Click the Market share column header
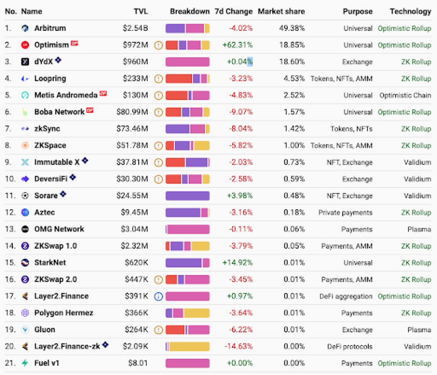point(281,11)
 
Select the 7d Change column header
point(233,11)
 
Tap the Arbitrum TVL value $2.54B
point(135,28)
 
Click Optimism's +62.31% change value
point(237,45)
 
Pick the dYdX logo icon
point(25,62)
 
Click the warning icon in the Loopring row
point(159,79)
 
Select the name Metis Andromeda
point(66,95)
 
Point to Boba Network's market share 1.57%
point(294,112)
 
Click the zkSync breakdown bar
point(188,129)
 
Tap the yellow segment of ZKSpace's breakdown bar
point(202,146)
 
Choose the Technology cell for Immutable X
point(418,162)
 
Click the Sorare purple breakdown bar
point(188,196)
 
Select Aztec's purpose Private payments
point(346,212)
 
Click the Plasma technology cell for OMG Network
point(419,229)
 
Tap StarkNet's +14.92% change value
point(237,263)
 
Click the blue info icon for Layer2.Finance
point(159,296)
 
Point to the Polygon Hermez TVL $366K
point(137,313)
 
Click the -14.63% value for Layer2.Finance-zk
point(239,346)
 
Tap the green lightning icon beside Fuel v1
point(25,363)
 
